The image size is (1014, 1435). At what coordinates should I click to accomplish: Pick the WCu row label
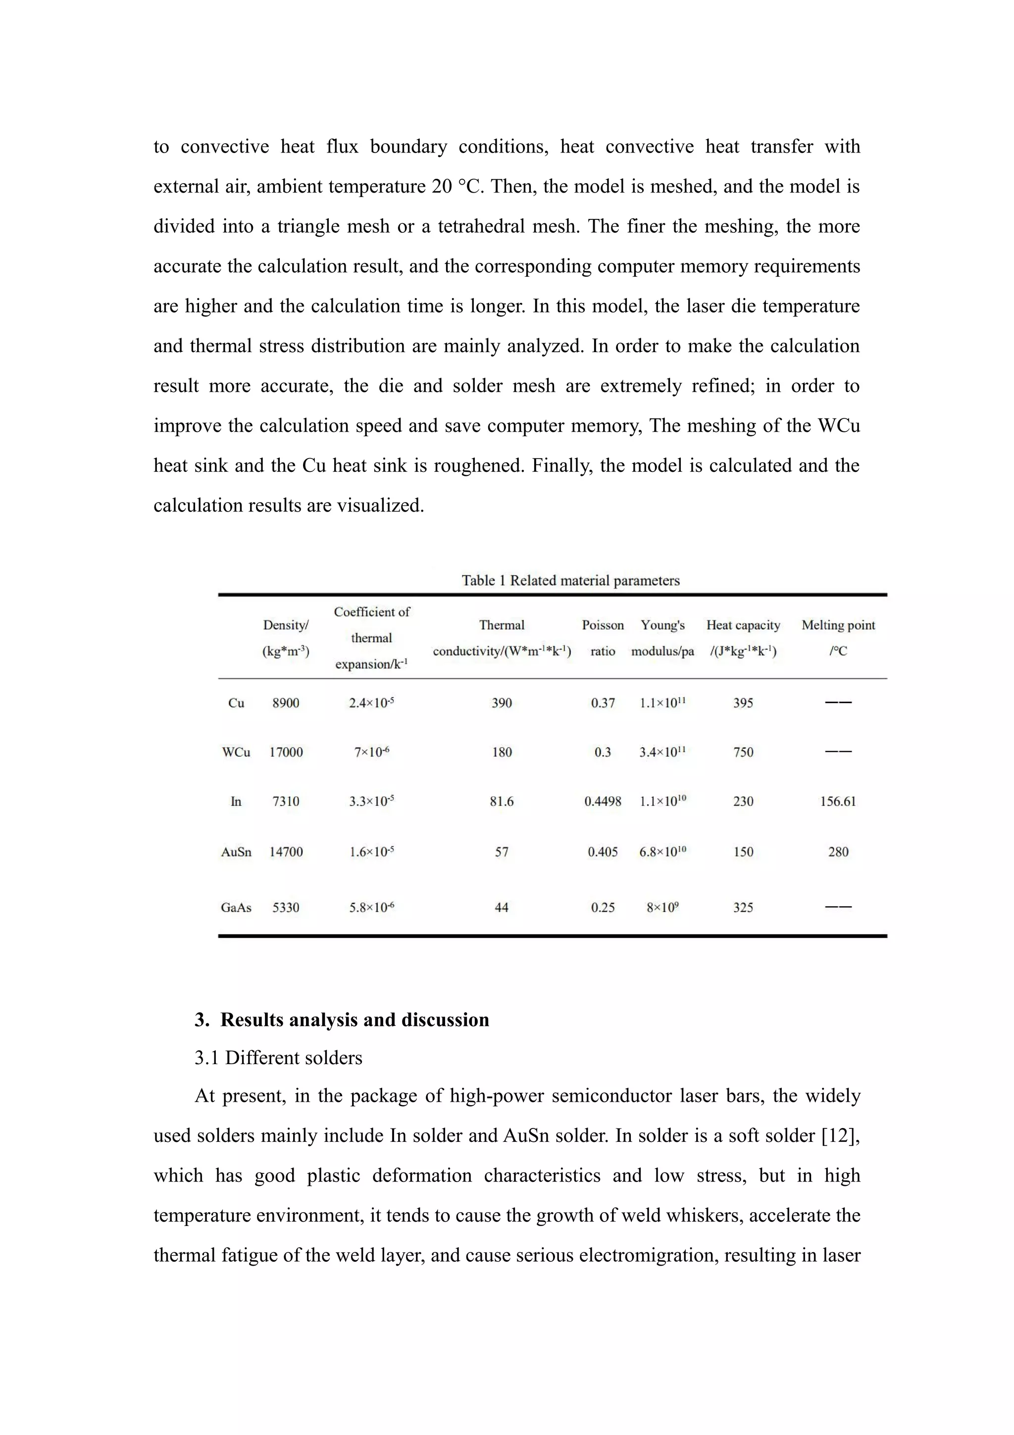[236, 752]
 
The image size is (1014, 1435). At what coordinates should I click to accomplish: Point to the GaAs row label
[236, 907]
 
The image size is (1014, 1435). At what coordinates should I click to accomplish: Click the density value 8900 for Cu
[286, 703]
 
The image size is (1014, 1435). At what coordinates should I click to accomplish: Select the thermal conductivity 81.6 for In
[501, 801]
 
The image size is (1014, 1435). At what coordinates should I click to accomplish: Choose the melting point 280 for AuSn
[838, 851]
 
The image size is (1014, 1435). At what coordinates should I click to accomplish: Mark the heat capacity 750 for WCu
[743, 752]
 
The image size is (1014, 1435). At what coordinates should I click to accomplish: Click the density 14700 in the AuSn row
[286, 851]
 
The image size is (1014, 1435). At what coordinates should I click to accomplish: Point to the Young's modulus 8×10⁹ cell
[662, 907]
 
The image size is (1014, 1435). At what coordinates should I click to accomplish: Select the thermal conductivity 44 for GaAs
[501, 907]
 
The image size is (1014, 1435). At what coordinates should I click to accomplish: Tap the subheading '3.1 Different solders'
[278, 1058]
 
